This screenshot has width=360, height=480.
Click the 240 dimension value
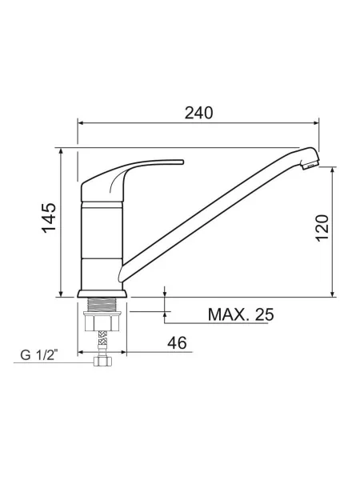[198, 113]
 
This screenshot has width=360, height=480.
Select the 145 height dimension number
[50, 218]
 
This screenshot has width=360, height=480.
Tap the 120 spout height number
[322, 228]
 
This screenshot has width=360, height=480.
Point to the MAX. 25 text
[241, 314]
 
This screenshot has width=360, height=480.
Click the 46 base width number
[177, 342]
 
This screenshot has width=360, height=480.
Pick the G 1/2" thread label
[39, 355]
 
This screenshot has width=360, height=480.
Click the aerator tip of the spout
[310, 165]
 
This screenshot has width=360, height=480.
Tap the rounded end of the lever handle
[182, 162]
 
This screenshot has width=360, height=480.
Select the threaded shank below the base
[102, 305]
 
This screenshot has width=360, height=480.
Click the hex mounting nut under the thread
[102, 322]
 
